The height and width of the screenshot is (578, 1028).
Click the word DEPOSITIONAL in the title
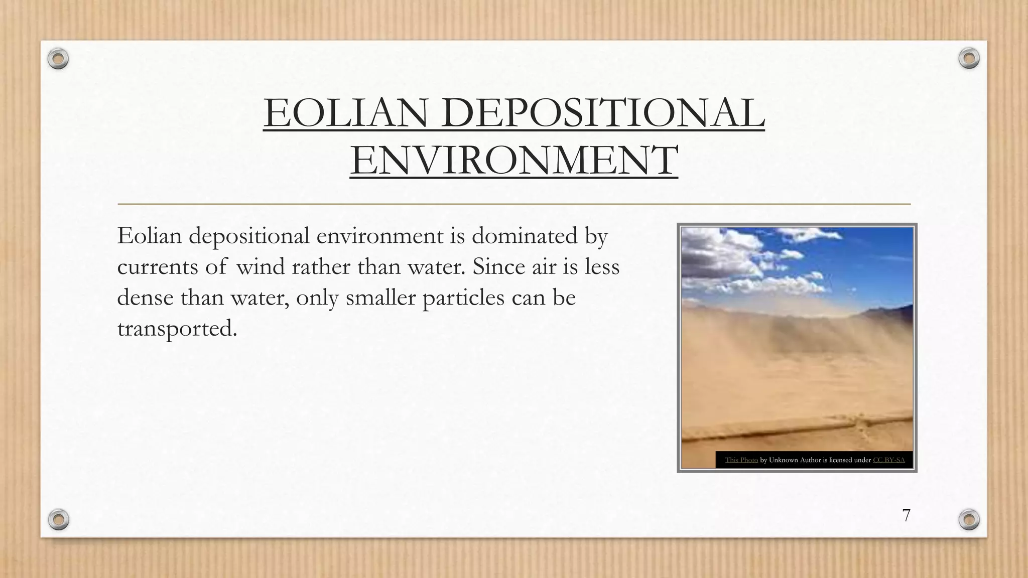(603, 113)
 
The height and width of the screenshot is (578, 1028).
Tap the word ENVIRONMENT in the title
(514, 160)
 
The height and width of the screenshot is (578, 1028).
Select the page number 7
(906, 515)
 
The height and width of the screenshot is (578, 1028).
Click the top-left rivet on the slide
(58, 59)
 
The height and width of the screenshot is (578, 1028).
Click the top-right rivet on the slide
(969, 59)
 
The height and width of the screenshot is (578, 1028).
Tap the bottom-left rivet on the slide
(59, 519)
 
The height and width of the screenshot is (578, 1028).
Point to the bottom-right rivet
(969, 519)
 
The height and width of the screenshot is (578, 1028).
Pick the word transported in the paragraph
(177, 329)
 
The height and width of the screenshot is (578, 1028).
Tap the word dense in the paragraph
(146, 298)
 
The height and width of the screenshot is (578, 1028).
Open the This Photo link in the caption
(741, 460)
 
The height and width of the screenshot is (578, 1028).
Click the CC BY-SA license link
(888, 460)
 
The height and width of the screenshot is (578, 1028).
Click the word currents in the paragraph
(158, 266)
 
